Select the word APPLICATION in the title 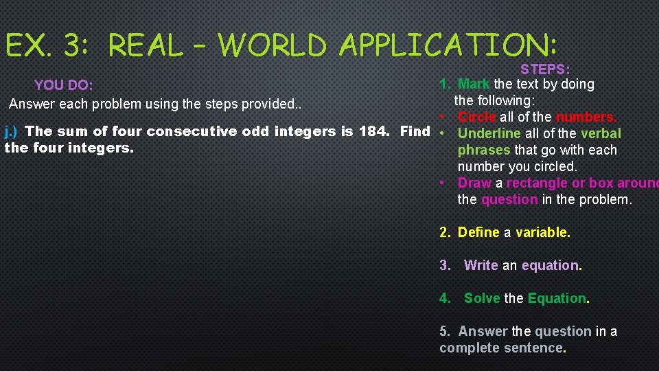(x=448, y=46)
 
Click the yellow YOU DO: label (x=63, y=85)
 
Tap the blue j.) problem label (x=12, y=131)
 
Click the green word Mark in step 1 (x=474, y=84)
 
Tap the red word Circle (x=476, y=117)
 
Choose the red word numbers (x=586, y=117)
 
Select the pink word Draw (x=474, y=183)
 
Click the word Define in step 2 (x=478, y=232)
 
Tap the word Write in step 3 (x=481, y=265)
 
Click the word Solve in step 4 (x=483, y=298)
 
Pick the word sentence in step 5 (x=529, y=348)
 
